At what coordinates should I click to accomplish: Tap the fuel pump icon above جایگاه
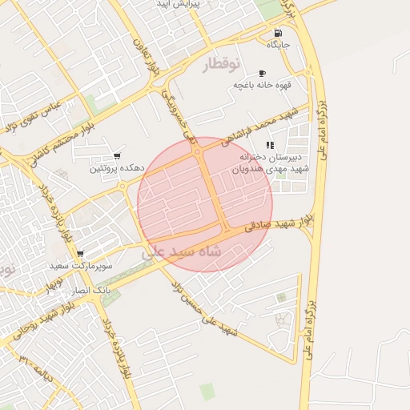pos(278,34)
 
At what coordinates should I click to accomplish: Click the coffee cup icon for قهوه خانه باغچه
pos(261,74)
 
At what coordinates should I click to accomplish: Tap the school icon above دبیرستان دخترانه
pos(270,145)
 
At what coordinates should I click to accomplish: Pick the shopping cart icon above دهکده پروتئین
pos(118,155)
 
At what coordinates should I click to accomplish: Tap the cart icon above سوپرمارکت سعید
pos(80,253)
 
